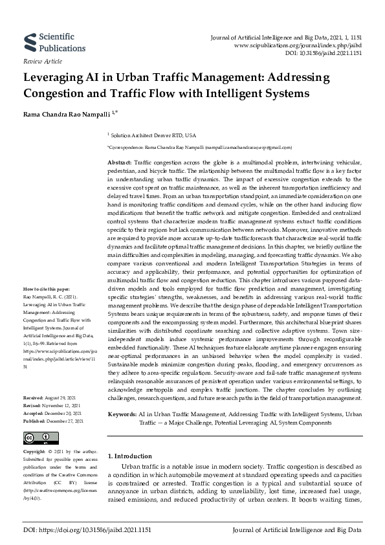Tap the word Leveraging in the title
click(54, 78)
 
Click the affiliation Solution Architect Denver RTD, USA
click(153, 136)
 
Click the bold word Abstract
click(119, 161)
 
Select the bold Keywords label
click(122, 413)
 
